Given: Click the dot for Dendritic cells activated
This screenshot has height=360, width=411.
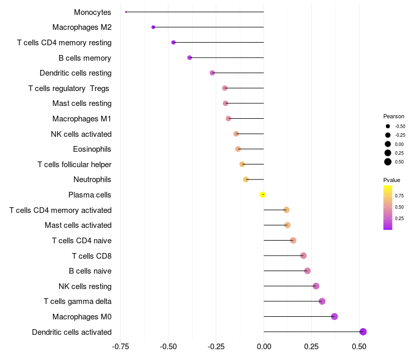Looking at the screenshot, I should [x=363, y=332].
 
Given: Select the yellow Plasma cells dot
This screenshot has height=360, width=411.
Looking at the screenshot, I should [x=263, y=194].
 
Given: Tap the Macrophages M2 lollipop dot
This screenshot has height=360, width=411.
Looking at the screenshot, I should [x=153, y=27].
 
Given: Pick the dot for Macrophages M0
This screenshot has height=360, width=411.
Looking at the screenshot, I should [x=334, y=316].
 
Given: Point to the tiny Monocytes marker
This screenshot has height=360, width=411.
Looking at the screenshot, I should [x=126, y=12].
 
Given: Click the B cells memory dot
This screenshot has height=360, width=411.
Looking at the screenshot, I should [x=190, y=58].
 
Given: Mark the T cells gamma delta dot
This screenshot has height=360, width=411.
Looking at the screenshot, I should [x=322, y=301].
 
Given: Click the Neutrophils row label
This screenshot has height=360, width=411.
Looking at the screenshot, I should [x=92, y=179].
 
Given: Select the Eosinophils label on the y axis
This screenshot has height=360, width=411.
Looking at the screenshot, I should [x=92, y=149].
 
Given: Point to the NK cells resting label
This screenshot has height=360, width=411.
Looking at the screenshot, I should [x=85, y=286].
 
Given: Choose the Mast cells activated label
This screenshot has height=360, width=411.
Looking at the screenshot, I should [x=78, y=225].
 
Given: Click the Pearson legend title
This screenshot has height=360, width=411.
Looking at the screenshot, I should [x=394, y=116].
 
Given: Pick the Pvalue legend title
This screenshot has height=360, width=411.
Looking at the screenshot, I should [x=391, y=180].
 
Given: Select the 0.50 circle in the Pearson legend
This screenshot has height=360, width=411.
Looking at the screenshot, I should [x=388, y=162].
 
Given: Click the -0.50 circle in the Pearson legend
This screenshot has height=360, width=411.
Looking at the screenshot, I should [x=388, y=126].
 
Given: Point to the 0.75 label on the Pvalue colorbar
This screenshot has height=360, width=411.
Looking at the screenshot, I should [x=399, y=195].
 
